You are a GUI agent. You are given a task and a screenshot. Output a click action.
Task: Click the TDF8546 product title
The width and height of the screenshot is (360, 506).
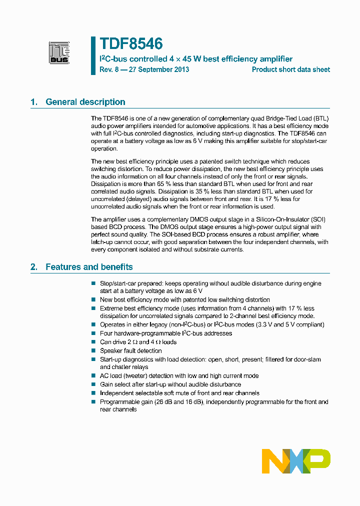point(131,44)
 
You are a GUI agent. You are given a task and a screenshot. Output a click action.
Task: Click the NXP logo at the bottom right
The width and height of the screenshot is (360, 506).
point(296,460)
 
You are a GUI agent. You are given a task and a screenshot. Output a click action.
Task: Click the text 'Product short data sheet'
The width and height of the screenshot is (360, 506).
point(290,69)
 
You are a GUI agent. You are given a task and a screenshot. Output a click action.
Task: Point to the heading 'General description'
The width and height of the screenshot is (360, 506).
point(85,102)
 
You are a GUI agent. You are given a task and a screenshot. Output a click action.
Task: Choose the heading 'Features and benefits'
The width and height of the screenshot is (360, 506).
point(89,267)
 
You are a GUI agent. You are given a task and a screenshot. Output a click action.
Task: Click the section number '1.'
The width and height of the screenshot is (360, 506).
point(34,102)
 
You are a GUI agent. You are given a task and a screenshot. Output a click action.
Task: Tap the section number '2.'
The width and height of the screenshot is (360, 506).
point(34,267)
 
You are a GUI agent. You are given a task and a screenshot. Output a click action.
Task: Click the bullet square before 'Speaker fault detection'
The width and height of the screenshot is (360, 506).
point(93,351)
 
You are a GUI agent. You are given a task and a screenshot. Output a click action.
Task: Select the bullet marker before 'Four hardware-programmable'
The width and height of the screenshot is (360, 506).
point(93,333)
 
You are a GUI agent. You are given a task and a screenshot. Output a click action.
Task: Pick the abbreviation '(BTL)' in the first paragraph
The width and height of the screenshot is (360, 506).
point(319,118)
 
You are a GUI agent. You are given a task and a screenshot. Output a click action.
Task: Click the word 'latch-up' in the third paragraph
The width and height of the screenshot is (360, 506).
point(103,242)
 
